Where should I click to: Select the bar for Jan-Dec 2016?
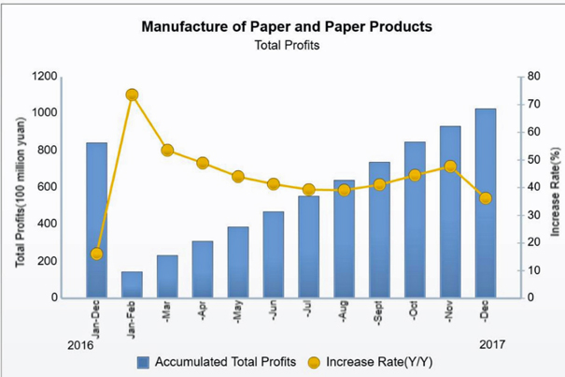click(96, 220)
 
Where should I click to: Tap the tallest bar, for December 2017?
click(486, 203)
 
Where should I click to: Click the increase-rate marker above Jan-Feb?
click(132, 94)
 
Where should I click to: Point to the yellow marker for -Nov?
click(450, 167)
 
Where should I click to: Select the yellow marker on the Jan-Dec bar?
click(96, 254)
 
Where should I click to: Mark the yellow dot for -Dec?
click(486, 198)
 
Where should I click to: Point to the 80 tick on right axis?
click(532, 76)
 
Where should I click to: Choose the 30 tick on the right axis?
click(532, 214)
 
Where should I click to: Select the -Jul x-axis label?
click(308, 314)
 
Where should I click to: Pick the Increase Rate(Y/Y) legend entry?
click(379, 362)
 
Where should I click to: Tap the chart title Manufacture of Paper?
click(286, 26)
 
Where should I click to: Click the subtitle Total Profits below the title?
click(286, 45)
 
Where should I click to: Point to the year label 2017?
click(492, 343)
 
